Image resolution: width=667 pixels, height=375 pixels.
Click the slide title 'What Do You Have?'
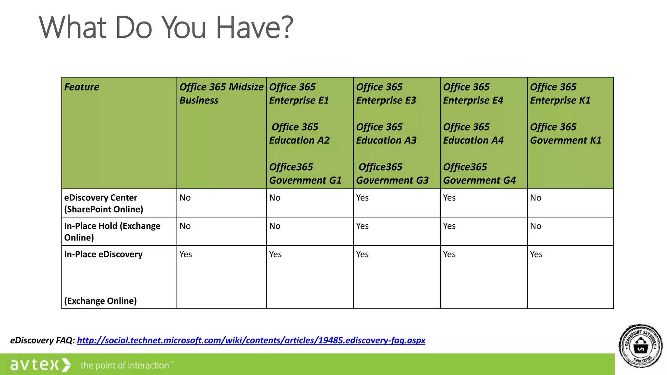pyautogui.click(x=166, y=27)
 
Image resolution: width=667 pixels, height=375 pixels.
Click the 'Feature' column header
pyautogui.click(x=82, y=87)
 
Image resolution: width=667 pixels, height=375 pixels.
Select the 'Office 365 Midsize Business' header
pyautogui.click(x=221, y=93)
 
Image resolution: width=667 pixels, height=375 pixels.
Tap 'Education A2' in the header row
pyautogui.click(x=299, y=140)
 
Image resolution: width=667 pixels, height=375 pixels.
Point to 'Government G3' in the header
pyautogui.click(x=392, y=180)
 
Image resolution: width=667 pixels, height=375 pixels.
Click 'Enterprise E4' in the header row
pyautogui.click(x=473, y=100)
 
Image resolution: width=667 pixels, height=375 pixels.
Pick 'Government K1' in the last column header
pyautogui.click(x=565, y=140)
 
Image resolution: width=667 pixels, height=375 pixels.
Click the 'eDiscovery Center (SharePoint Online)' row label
pyautogui.click(x=104, y=203)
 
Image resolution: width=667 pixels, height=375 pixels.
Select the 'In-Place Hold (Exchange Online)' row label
pyautogui.click(x=112, y=231)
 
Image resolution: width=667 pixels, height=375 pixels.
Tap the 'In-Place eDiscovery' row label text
pyautogui.click(x=103, y=254)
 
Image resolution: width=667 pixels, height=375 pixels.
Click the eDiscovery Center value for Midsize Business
pyautogui.click(x=185, y=198)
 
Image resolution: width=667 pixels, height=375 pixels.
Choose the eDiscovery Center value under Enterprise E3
pyautogui.click(x=362, y=198)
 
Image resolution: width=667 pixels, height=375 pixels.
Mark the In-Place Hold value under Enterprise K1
pyautogui.click(x=535, y=226)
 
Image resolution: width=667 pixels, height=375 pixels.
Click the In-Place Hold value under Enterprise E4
pyautogui.click(x=449, y=226)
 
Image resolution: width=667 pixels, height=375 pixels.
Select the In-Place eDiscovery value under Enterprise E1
pyautogui.click(x=275, y=254)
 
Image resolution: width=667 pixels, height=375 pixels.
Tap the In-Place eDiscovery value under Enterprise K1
pyautogui.click(x=536, y=254)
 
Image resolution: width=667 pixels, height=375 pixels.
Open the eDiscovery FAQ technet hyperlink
pyautogui.click(x=251, y=340)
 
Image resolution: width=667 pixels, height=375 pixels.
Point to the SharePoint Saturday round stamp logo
pyautogui.click(x=640, y=346)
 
